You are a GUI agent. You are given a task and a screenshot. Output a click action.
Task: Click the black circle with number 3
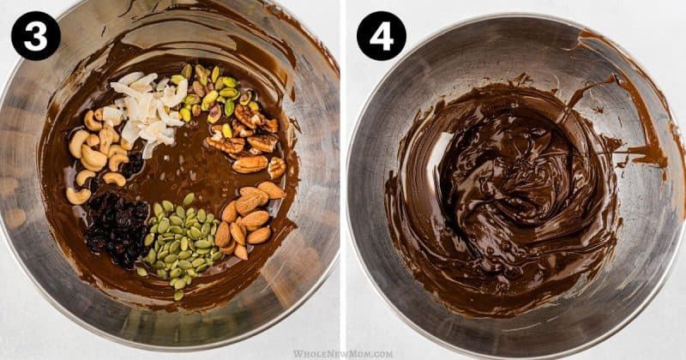tap(35, 35)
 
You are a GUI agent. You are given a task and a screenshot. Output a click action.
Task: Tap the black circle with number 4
tap(382, 35)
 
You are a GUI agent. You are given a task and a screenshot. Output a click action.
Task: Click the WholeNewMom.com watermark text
tap(343, 354)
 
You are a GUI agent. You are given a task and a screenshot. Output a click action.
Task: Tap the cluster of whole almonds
tap(248, 218)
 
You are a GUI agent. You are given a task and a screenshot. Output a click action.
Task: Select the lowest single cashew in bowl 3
tap(78, 196)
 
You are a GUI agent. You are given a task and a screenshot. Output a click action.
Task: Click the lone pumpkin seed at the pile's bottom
tap(178, 296)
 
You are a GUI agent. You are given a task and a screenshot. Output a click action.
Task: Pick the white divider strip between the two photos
tap(343, 175)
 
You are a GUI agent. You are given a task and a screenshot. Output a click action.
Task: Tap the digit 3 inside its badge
tap(35, 36)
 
